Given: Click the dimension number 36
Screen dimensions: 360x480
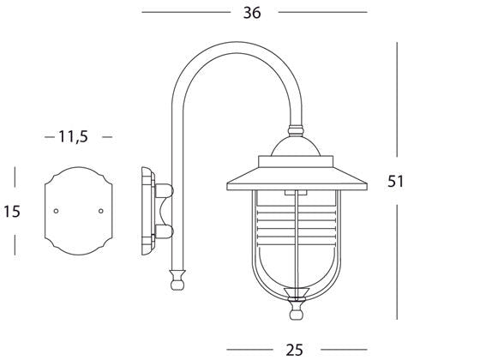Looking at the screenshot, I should pos(251,12).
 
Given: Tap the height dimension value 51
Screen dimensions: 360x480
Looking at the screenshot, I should pos(396,182).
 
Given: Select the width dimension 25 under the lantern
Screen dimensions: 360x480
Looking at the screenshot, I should pos(294,350).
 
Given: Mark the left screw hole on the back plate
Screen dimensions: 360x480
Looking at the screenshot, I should pos(57,210).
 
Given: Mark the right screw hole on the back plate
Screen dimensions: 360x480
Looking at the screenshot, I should pos(101,210).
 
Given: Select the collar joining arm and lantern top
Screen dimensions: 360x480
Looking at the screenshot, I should pos(296,134).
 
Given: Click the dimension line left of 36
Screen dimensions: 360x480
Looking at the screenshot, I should pos(184,12).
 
